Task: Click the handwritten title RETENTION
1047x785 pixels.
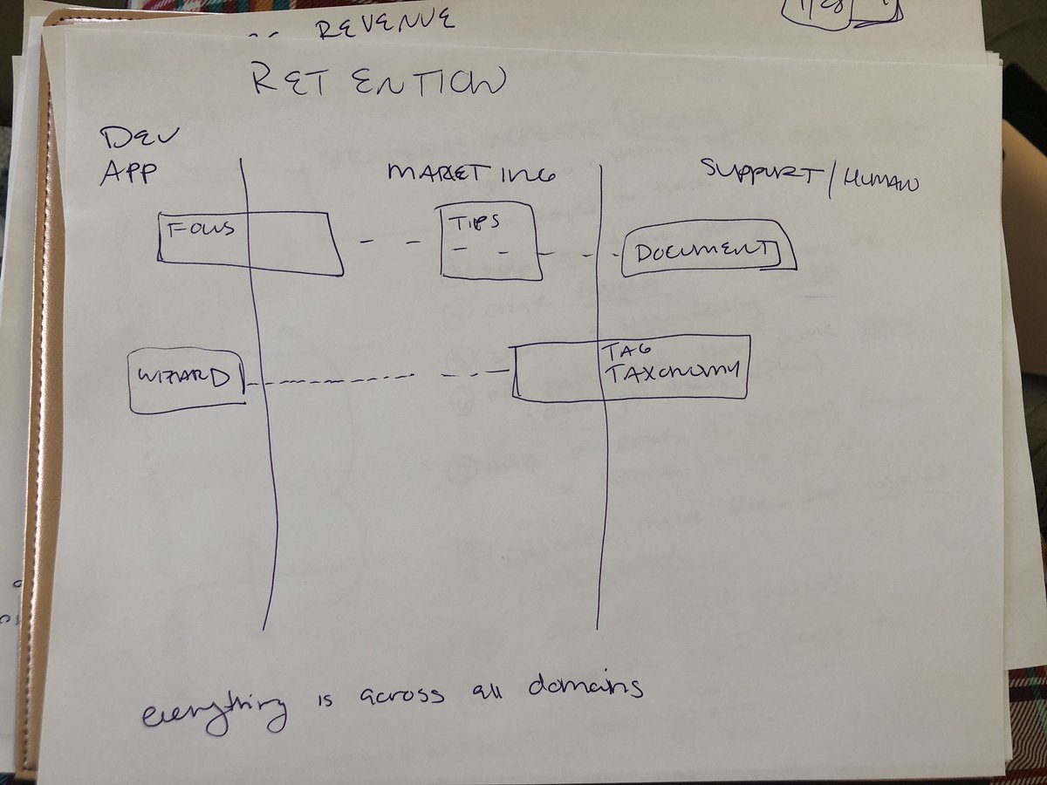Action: click(378, 82)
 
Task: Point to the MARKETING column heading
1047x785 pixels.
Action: click(471, 173)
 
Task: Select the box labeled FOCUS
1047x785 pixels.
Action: click(250, 243)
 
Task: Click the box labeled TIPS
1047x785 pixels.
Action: click(489, 241)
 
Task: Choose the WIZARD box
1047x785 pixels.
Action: click(186, 380)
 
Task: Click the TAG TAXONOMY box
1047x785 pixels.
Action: click(630, 368)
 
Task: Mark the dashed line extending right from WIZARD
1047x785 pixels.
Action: click(366, 379)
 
